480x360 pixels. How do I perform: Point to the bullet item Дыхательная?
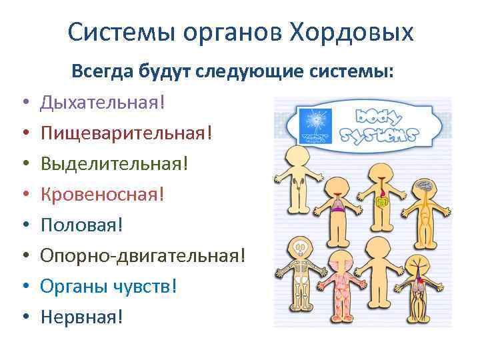(102, 102)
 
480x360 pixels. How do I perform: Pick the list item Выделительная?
(114, 163)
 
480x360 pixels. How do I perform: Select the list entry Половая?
(82, 224)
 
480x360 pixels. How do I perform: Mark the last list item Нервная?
(81, 315)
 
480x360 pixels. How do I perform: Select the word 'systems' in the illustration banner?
(377, 135)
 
